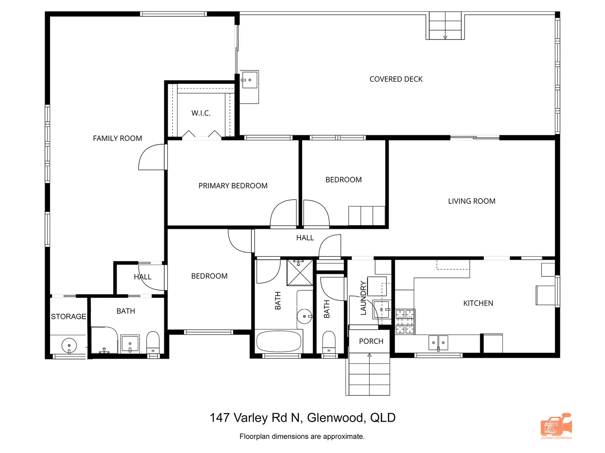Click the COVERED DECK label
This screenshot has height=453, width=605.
coord(396,79)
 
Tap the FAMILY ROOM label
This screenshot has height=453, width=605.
coord(117,138)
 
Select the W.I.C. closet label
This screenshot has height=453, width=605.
coord(201,113)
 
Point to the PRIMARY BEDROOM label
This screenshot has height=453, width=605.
coord(233,186)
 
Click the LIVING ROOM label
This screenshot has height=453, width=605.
coord(471,201)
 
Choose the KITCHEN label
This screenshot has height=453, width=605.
coord(478,303)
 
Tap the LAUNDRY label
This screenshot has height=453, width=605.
coord(363,298)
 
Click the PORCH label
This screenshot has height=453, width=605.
coord(371,341)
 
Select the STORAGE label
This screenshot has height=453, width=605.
coord(68,317)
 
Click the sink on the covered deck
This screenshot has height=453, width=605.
coord(249,80)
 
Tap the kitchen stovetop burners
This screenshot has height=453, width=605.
coord(405,321)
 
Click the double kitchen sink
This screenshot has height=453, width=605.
coord(438,343)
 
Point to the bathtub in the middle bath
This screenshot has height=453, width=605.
coord(279,342)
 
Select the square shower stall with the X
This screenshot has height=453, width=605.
coord(300,272)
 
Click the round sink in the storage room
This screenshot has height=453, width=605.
coord(69,346)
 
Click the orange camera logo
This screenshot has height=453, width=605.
coord(556,426)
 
